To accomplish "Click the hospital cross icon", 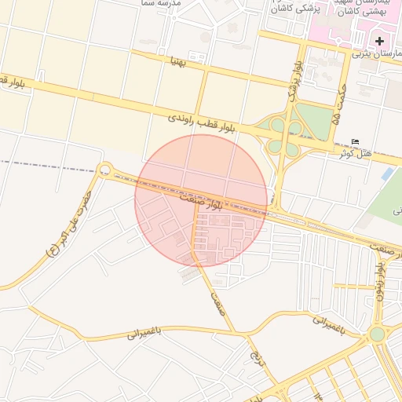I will coord(380,40).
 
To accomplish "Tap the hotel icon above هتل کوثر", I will coord(356,142).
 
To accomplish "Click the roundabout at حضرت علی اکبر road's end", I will coord(104,170).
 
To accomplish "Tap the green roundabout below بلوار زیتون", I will coord(378,334).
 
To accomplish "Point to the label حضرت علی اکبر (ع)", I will coord(69,225).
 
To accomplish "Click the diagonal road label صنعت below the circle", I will coord(218,299).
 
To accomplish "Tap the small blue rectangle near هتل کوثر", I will coord(387,174).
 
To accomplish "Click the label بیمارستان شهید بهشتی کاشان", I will coord(360,8).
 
